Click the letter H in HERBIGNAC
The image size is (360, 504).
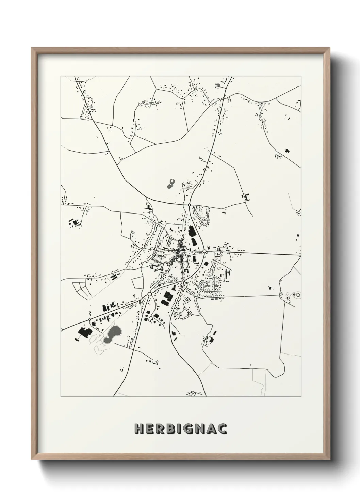pyautogui.click(x=139, y=429)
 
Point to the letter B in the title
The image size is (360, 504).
pyautogui.click(x=169, y=429)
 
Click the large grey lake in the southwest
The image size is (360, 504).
pyautogui.click(x=112, y=334)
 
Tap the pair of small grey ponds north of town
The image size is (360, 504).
pyautogui.click(x=171, y=184)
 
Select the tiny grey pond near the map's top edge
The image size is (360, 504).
pyautogui.click(x=217, y=84)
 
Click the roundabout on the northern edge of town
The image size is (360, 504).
pyautogui.click(x=189, y=205)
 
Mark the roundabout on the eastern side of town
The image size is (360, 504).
pyautogui.click(x=204, y=251)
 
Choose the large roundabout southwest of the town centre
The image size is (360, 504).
pyautogui.click(x=149, y=294)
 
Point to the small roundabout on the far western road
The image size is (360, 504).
pyautogui.click(x=89, y=319)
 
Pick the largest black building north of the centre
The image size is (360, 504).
pyautogui.click(x=191, y=232)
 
